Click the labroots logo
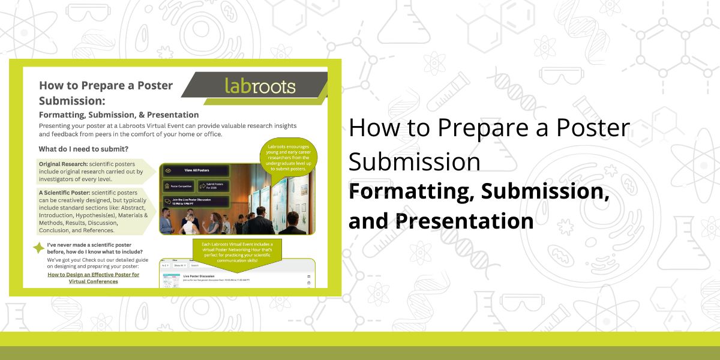[260, 86]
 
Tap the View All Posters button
[195, 170]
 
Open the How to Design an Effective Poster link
[93, 278]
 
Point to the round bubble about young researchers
[288, 160]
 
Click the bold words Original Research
[63, 164]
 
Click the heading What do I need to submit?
[83, 149]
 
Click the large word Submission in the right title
[414, 162]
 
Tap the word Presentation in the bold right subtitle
[464, 221]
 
